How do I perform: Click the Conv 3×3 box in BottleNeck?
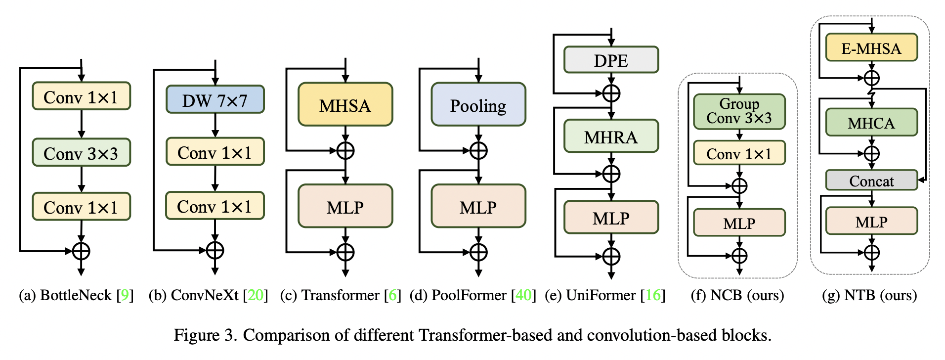81,153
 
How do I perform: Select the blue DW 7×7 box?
215,100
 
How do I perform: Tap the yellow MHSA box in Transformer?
345,105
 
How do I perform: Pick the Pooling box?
478,105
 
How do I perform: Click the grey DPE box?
611,60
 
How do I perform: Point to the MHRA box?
611,136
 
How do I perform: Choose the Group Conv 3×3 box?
739,112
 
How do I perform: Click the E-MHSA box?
871,48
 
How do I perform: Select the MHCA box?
871,123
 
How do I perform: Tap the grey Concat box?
871,181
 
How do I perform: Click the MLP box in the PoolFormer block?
478,207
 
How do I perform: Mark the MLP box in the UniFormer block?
611,218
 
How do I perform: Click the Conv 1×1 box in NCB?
739,153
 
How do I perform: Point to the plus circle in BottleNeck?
81,251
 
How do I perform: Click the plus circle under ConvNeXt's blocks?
215,250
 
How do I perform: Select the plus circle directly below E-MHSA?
871,78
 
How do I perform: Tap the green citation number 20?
256,295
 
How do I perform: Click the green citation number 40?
523,295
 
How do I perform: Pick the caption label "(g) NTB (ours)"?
869,295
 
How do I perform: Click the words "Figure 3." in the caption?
205,335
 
